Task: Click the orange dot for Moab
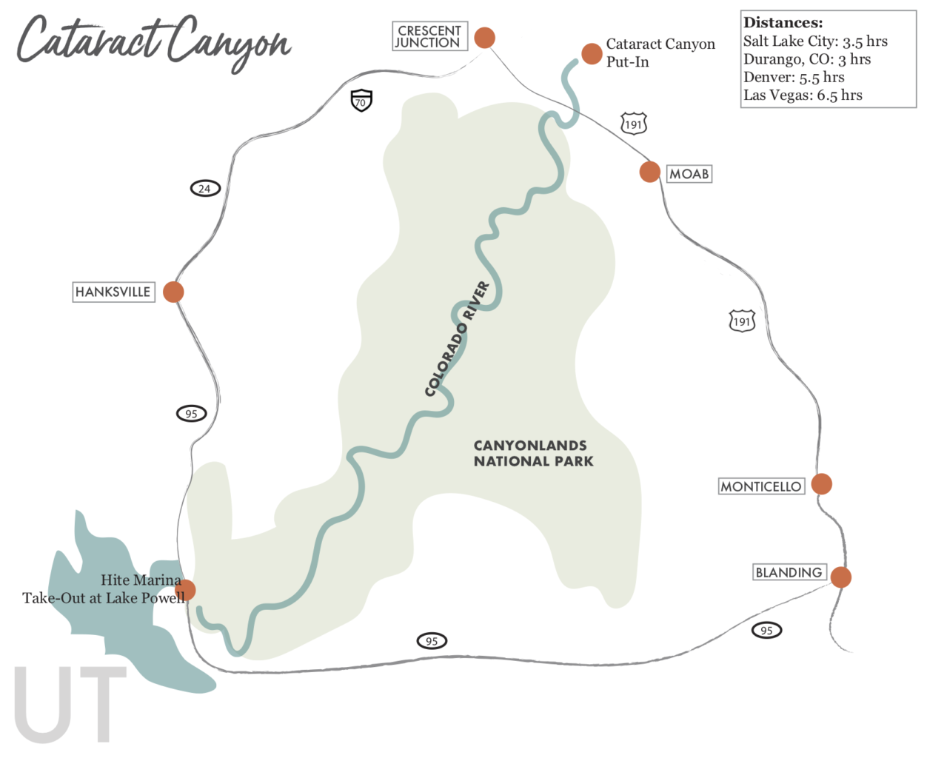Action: tap(649, 172)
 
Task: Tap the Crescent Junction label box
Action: tap(429, 36)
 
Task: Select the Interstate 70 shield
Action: tap(361, 101)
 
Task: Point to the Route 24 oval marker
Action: tap(204, 189)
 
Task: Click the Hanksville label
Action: tap(113, 292)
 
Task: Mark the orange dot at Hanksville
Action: tap(173, 292)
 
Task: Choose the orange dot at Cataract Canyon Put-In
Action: tap(591, 53)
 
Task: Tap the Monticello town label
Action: tap(761, 486)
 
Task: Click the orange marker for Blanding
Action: tap(840, 577)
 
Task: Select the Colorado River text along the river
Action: tap(458, 338)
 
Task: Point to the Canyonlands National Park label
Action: tap(533, 453)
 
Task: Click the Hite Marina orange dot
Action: tap(185, 590)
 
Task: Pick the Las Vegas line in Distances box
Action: tap(803, 95)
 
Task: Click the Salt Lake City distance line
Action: tap(815, 41)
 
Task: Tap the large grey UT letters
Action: tap(70, 704)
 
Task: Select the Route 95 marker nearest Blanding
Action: tap(766, 631)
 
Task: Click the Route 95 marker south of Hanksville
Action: tap(191, 414)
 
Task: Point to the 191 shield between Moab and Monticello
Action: tap(742, 321)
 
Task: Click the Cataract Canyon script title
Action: tap(153, 41)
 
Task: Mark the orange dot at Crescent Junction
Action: tap(484, 37)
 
